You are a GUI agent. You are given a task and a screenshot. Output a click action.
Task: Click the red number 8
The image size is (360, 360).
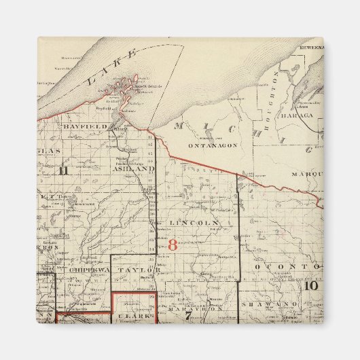pos(172,245)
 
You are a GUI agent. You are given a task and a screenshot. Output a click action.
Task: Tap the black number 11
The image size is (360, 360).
pos(63,170)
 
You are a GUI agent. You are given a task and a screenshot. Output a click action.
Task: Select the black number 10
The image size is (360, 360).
pos(311,285)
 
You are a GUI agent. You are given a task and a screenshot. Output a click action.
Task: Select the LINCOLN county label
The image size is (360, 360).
pos(194,222)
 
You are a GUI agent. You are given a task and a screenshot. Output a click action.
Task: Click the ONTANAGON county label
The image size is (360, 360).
pos(211,145)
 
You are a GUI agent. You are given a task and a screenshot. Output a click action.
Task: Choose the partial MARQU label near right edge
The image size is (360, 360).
pos(306,174)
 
